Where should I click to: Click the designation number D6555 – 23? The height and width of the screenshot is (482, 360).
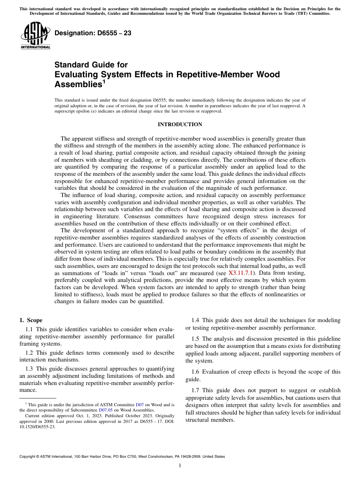(x=93, y=33)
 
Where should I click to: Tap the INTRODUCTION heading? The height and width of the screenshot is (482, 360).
(x=180, y=125)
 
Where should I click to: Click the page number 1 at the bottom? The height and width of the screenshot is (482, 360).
(x=180, y=466)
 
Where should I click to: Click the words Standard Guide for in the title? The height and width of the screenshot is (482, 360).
(x=91, y=65)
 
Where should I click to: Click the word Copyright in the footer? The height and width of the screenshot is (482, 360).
(x=28, y=457)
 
